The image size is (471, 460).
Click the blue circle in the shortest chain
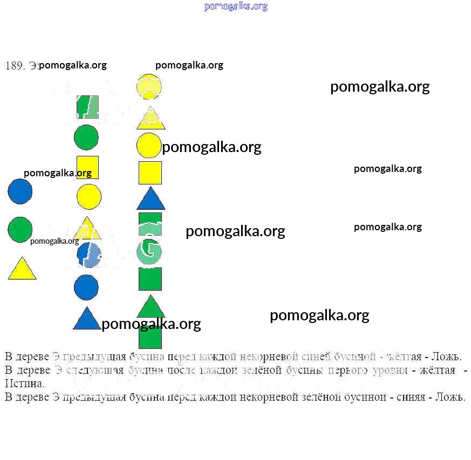[x=20, y=191]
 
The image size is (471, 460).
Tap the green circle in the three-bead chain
[x=20, y=229]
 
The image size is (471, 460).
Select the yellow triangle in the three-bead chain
[x=22, y=269]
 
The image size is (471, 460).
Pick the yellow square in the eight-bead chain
[x=87, y=167]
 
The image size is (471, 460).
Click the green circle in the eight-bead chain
[x=86, y=137]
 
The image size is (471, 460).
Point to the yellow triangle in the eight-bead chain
[x=87, y=229]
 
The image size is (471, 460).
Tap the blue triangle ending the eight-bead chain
[x=87, y=319]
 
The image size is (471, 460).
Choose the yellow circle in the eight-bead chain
[x=89, y=196]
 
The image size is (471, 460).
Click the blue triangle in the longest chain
[x=151, y=199]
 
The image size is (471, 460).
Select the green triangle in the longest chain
[x=151, y=307]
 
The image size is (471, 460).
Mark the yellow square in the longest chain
[x=150, y=173]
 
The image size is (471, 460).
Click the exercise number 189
[x=15, y=66]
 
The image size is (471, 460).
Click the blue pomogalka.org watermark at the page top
[x=236, y=6]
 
